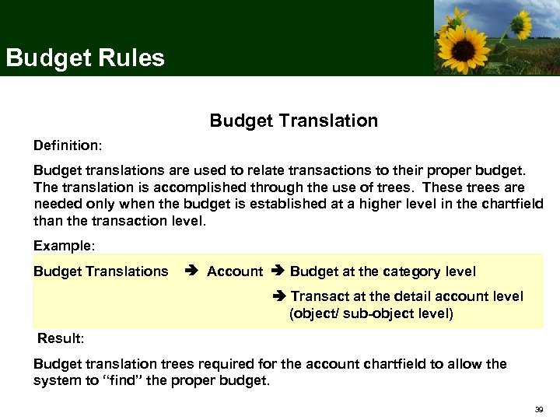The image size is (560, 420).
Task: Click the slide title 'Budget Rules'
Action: point(85,58)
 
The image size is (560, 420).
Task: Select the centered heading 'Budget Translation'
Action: point(293,121)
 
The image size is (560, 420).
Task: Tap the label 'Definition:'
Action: point(68,145)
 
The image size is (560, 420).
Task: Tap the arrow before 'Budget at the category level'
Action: point(279,271)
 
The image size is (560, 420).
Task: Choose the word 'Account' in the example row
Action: point(235,271)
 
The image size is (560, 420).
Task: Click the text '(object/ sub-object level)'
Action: point(371,313)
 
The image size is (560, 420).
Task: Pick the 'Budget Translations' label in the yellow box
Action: point(100,271)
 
